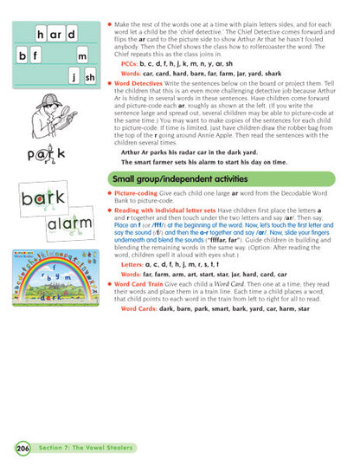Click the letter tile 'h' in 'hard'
pos(42,35)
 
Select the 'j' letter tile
pos(75,77)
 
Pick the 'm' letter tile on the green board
pos(84,56)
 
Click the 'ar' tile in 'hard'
pos(56,35)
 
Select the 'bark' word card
pos(45,197)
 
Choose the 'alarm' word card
pos(69,224)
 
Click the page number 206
pos(21,448)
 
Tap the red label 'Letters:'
pos(133,262)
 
